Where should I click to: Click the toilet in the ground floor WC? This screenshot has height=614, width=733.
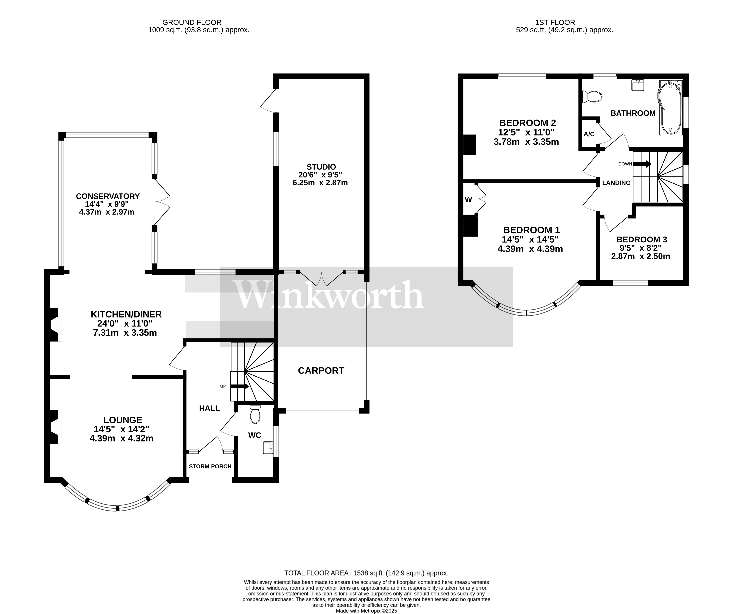(255, 414)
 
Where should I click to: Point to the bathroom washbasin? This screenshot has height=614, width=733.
(638, 85)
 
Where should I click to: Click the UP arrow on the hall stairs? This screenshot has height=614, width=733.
(240, 386)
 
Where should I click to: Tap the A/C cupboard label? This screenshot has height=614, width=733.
(589, 134)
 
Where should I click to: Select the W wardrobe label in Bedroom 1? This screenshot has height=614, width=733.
(468, 200)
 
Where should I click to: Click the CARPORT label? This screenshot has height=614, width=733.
(321, 371)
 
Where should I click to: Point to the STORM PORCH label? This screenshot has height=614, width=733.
(210, 466)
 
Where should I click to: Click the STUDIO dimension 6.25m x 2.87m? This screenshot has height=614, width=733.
(320, 183)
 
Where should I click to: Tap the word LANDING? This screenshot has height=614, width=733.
(616, 183)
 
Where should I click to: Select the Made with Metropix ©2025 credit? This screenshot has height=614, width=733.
(366, 611)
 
